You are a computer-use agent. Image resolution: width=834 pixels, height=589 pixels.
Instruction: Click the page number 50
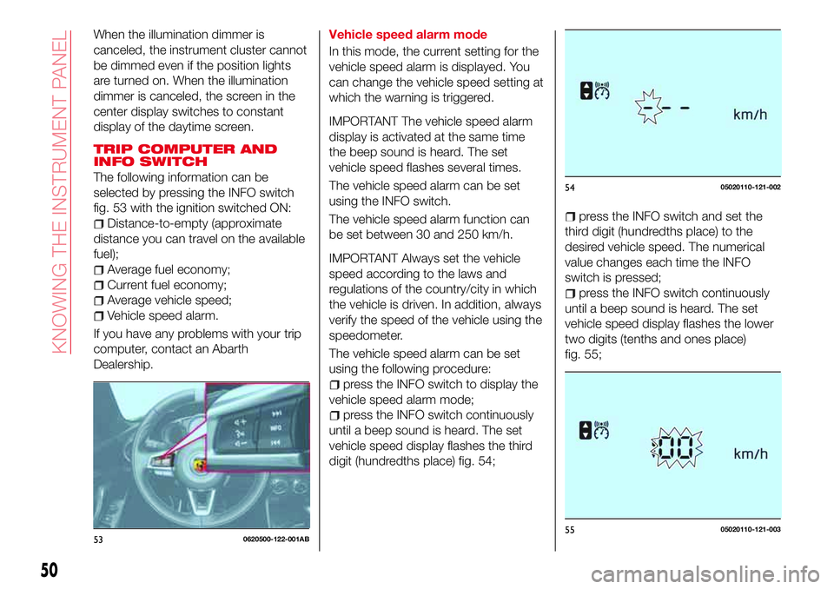coord(50,570)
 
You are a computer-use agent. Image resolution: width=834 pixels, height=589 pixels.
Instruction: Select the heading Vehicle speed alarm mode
coord(408,35)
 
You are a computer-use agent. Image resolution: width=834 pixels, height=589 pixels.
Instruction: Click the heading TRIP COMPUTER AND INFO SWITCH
coord(185,155)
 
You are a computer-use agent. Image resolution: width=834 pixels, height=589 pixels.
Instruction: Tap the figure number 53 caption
coord(98,539)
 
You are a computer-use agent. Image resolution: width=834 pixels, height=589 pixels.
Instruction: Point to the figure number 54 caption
coord(570,188)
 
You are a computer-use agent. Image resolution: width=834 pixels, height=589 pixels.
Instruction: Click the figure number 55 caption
coord(570,529)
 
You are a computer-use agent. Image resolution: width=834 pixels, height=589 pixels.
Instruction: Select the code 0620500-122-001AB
coord(276,539)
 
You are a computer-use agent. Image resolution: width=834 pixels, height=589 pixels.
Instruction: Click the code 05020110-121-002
coord(751,187)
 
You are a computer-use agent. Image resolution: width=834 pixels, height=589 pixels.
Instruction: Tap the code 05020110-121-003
coord(751,529)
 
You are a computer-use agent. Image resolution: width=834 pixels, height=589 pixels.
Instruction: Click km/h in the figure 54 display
coord(750,115)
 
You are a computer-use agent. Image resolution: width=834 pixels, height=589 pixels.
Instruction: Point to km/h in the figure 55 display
coord(751,453)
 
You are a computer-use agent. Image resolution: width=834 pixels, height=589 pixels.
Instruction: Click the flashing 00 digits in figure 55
coord(677,447)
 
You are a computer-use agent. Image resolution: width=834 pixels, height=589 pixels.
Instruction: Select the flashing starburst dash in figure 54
coord(649,106)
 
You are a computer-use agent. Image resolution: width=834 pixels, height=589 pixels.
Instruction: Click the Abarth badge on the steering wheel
coord(201,466)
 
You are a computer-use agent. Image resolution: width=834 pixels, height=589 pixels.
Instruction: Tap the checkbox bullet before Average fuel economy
coord(98,270)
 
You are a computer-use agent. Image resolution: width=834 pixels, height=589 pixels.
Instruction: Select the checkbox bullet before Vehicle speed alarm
coord(98,316)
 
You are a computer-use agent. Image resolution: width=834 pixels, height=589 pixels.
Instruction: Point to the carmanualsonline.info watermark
coord(705,574)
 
